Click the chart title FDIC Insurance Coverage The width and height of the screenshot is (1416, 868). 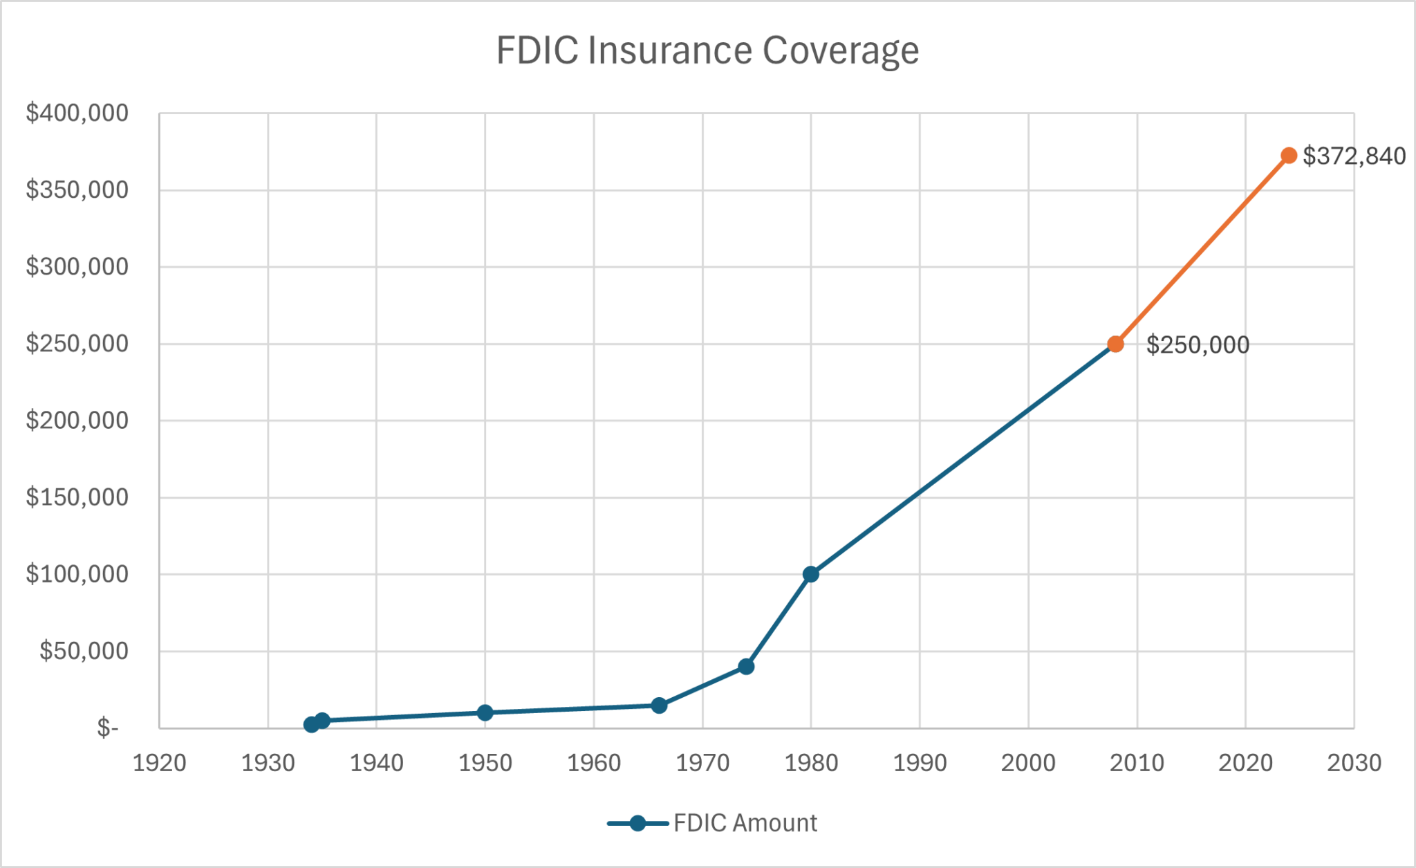coord(707,50)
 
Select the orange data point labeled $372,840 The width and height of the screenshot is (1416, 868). coord(1288,156)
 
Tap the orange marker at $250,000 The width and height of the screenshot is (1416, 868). coord(1115,344)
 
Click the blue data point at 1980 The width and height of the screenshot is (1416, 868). coord(811,574)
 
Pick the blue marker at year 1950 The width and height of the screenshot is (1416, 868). coord(485,712)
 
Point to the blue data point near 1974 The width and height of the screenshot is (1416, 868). coord(746,667)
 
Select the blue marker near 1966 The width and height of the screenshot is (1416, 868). coord(659,705)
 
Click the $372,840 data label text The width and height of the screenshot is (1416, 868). coord(1354,156)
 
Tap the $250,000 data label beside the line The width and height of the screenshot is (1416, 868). coord(1198,345)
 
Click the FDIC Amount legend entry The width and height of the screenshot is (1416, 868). coord(745,823)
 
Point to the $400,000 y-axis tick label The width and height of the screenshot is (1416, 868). coord(77,113)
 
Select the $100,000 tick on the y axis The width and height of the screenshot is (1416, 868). coord(77,574)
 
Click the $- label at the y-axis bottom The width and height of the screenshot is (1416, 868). coord(107,728)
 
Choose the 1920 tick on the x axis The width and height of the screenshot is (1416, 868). coord(159,763)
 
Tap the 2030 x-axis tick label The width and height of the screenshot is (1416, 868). coord(1354,763)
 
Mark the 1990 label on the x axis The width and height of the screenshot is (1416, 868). coord(920,763)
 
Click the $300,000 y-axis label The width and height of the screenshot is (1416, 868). coord(77,266)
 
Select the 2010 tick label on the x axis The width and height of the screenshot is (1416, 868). coord(1137,763)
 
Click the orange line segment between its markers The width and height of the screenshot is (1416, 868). coord(1202,250)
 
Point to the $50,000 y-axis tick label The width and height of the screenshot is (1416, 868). coord(84,651)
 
